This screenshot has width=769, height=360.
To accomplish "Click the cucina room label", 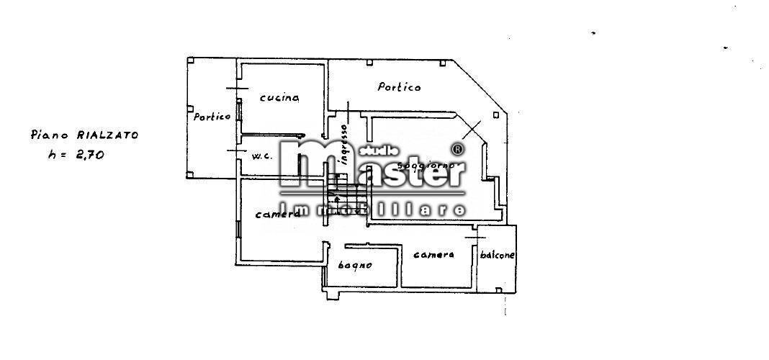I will point(279,98).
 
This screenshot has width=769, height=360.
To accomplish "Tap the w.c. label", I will point(261,155).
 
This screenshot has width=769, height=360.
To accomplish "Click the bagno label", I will point(355,265).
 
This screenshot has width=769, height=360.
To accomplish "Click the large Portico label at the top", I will point(399,87).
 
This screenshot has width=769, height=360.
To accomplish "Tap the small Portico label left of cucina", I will point(211,116).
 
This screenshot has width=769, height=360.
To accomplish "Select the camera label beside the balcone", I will point(433,254).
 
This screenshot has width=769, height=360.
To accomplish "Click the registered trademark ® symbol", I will point(457,149).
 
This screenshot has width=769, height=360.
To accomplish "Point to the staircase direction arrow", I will point(336,199).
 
